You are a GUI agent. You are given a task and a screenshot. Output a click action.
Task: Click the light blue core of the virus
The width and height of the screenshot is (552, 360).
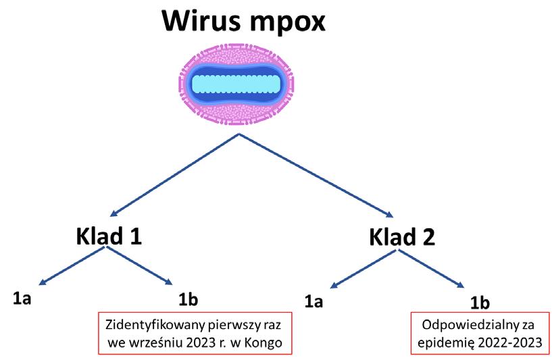click(x=235, y=84)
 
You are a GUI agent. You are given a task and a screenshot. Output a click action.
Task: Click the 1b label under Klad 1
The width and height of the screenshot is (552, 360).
click(x=187, y=297)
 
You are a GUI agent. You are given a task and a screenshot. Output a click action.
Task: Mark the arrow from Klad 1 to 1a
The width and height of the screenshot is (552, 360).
click(x=72, y=264)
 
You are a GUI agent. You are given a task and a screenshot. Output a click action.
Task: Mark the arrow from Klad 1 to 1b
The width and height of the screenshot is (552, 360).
click(x=139, y=265)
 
